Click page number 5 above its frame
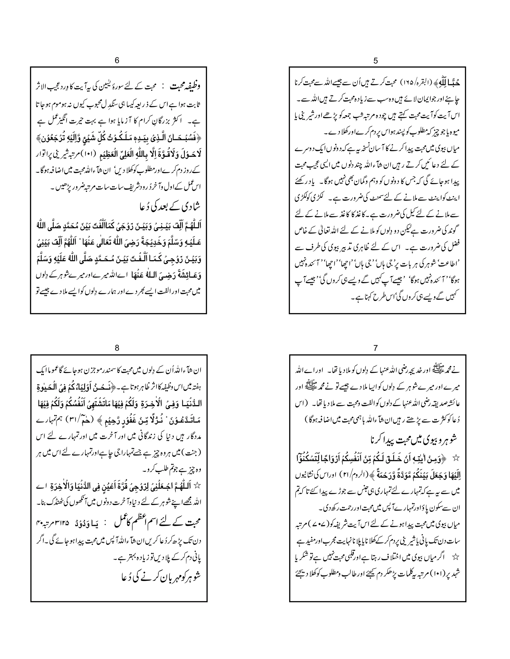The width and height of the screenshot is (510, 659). pyautogui.click(x=376, y=61)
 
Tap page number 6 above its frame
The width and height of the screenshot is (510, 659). pyautogui.click(x=117, y=60)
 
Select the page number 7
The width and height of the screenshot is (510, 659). pyautogui.click(x=376, y=348)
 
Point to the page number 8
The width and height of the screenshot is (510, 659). pyautogui.click(x=117, y=348)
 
